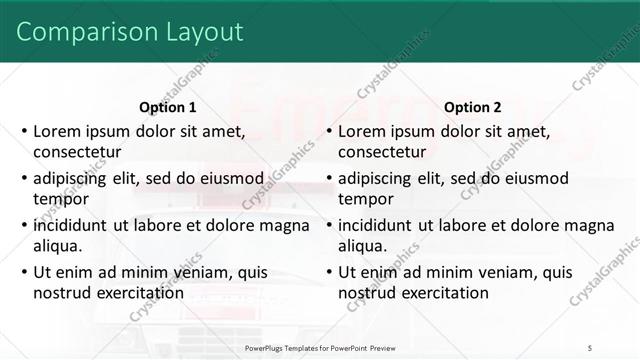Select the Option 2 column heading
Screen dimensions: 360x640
point(472,108)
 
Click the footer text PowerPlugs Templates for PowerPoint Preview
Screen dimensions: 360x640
point(319,348)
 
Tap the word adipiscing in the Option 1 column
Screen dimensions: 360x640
point(74,178)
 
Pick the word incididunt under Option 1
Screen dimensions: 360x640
point(74,224)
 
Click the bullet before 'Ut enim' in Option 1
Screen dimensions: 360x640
point(23,272)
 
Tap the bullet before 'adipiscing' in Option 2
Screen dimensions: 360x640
point(328,179)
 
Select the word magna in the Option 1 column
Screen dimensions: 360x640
point(285,224)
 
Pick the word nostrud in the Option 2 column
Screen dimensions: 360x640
point(366,292)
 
